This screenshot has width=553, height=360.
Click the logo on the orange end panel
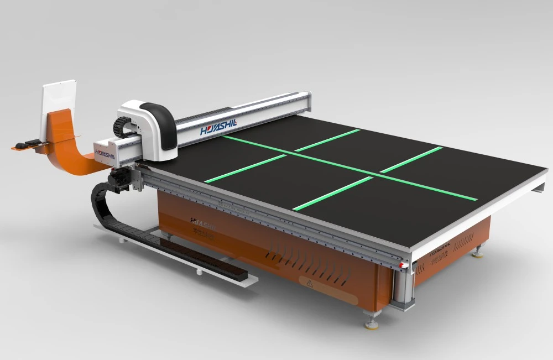[x=440, y=243]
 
